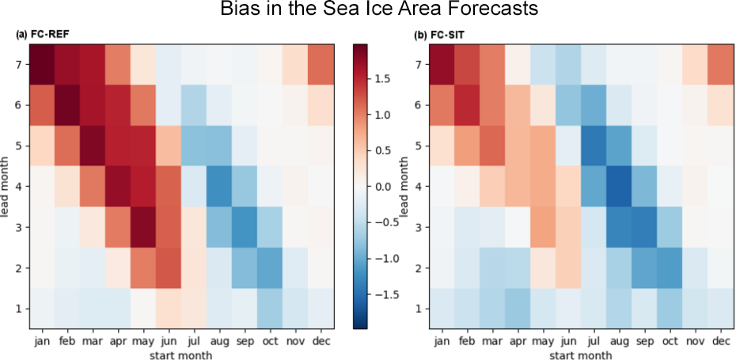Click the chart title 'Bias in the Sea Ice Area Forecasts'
(x=367, y=11)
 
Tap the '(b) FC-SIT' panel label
(x=436, y=36)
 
